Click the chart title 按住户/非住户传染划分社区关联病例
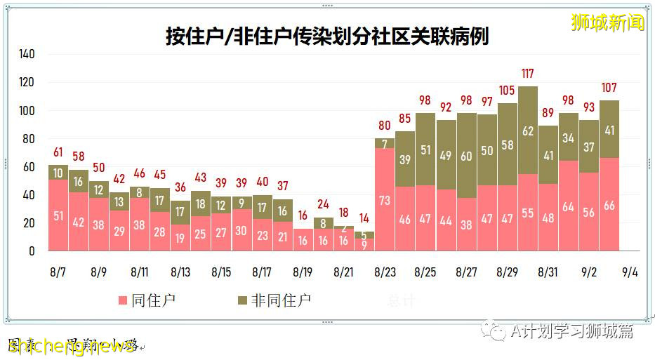327,36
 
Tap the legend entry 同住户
147,300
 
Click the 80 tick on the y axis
29,138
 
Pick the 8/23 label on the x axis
385,271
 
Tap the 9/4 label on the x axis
630,271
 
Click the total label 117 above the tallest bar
528,74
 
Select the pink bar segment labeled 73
385,199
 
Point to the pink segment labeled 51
58,215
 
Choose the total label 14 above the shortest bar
364,218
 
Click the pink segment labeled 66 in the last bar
609,205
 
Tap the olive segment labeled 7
385,143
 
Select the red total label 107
609,88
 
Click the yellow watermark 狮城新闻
608,22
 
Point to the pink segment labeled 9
364,244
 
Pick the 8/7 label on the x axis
58,271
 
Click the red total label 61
58,152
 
